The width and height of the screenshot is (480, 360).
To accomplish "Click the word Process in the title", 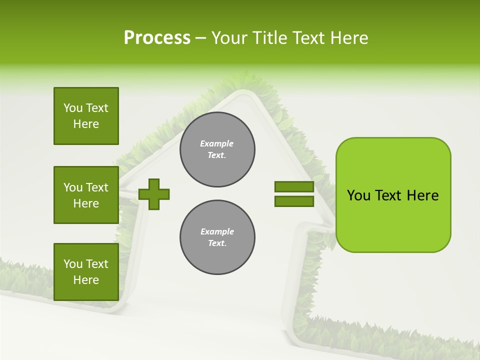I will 157,38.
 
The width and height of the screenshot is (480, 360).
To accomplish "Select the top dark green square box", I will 86,116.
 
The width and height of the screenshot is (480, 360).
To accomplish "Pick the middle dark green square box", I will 86,195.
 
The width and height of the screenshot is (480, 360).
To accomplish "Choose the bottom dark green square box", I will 86,271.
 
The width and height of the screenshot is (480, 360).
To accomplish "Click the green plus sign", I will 154,194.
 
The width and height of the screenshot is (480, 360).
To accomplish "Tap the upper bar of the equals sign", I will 294,187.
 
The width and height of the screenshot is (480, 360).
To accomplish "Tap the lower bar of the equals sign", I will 294,201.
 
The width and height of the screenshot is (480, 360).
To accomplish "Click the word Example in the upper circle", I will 216,143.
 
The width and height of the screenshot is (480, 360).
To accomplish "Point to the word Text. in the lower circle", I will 217,243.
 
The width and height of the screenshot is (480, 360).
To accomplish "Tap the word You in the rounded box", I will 358,195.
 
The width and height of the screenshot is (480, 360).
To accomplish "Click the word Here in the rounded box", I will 422,195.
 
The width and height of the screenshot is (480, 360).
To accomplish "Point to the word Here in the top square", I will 86,124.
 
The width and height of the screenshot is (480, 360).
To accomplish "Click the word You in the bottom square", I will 73,263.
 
